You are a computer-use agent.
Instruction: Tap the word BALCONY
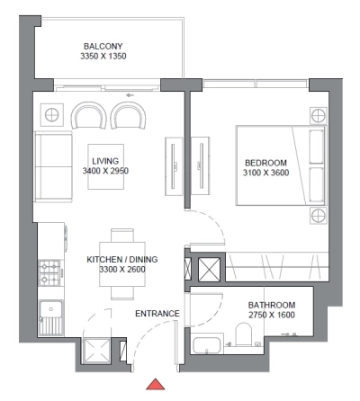[x=103, y=46]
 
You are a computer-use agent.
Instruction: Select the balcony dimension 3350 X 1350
[x=103, y=57]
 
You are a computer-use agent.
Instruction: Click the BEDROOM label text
[x=265, y=163]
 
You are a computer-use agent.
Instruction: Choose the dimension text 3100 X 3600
[x=265, y=174]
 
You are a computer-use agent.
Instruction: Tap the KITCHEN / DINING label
[x=121, y=259]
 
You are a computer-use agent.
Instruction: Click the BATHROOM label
[x=271, y=306]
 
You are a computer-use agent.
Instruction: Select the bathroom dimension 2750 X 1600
[x=271, y=316]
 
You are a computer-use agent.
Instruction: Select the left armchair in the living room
[x=88, y=115]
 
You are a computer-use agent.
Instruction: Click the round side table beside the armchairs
[x=51, y=115]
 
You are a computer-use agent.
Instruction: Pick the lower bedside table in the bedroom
[x=316, y=215]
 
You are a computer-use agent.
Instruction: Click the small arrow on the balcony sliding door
[x=131, y=93]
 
